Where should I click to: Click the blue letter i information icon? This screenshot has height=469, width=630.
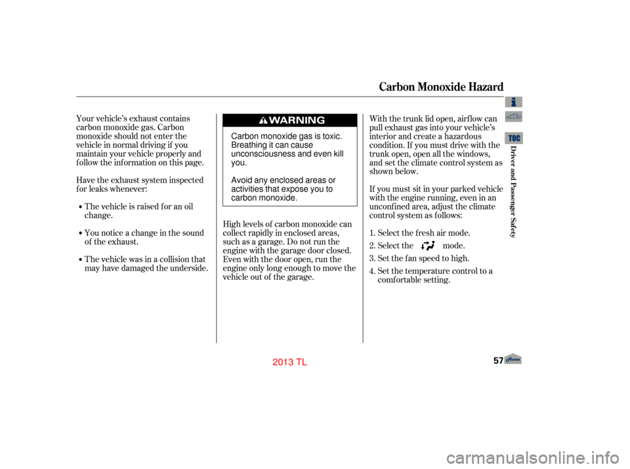514,102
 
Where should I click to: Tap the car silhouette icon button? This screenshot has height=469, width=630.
514,117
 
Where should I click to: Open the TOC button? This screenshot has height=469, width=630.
514,138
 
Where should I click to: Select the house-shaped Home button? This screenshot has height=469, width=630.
513,359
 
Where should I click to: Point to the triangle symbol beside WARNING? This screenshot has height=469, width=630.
262,121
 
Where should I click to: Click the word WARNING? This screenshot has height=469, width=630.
297,121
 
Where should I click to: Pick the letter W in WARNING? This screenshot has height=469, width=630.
274,121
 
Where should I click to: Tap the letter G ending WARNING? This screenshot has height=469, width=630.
320,121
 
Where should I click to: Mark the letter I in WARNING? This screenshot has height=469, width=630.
306,121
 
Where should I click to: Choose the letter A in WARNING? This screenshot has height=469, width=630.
283,121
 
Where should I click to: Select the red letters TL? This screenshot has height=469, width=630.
302,363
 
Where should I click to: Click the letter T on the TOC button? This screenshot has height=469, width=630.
510,139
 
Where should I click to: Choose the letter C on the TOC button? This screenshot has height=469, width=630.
518,139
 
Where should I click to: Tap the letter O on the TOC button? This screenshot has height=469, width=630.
514,139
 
